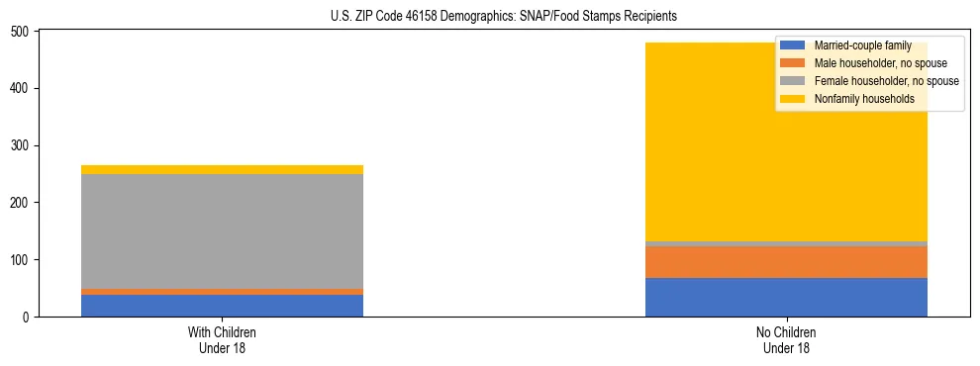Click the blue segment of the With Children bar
(x=222, y=306)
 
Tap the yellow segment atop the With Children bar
(x=222, y=169)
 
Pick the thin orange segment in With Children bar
(x=222, y=292)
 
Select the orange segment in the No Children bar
(x=786, y=262)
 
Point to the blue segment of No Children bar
(x=786, y=298)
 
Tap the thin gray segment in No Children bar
(x=786, y=243)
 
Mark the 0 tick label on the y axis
(x=28, y=318)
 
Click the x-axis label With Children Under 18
(x=222, y=339)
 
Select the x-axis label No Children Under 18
(x=786, y=339)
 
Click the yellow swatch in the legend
(x=793, y=99)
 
